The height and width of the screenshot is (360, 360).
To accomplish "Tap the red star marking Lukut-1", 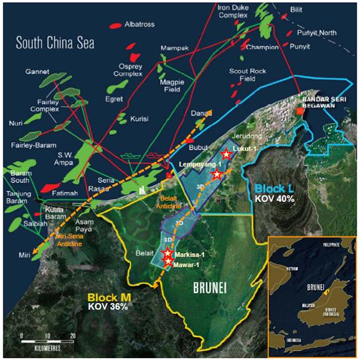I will (x=226, y=154).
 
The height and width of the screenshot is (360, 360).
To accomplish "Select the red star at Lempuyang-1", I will (x=216, y=174).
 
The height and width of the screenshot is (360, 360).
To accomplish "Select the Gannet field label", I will (x=37, y=71).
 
